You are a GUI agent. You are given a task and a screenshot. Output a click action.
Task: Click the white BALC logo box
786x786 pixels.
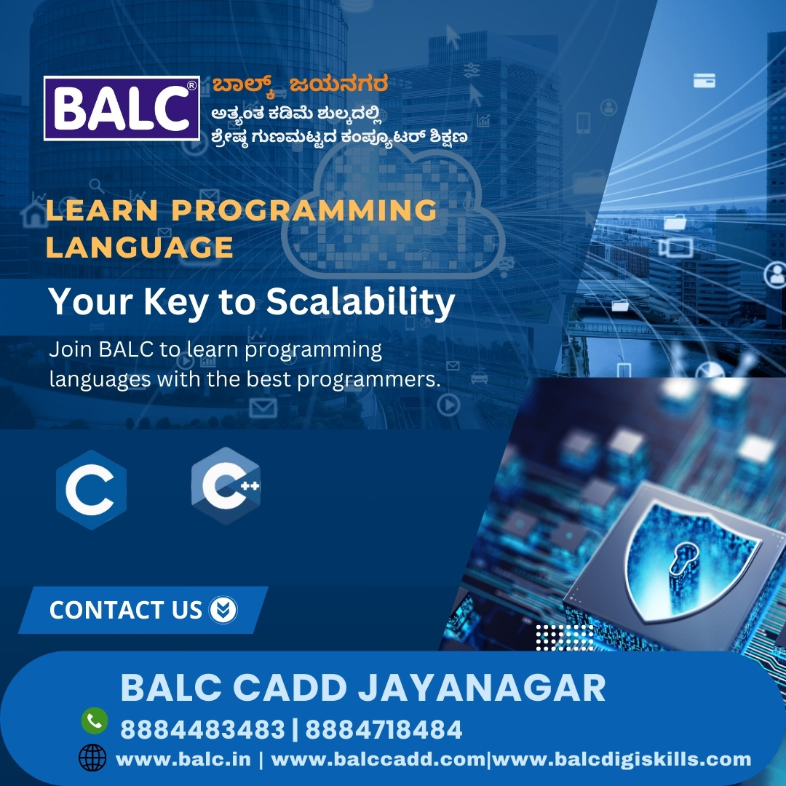click(x=122, y=108)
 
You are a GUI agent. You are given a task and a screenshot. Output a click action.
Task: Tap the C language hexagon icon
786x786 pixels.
click(x=91, y=489)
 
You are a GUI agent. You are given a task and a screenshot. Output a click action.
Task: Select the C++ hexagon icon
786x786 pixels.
click(x=226, y=486)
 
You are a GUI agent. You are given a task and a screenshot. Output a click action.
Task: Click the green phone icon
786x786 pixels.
click(x=94, y=720)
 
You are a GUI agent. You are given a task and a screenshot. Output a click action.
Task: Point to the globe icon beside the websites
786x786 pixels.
click(x=92, y=758)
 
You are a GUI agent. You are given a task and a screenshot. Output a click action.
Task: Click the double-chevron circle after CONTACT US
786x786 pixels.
click(x=223, y=610)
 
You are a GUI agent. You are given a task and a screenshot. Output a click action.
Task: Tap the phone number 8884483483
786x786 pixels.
click(x=202, y=729)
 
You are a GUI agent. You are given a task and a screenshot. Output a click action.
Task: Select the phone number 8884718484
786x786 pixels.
click(x=384, y=729)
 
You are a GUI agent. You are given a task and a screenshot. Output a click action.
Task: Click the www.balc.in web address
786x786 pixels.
click(x=183, y=759)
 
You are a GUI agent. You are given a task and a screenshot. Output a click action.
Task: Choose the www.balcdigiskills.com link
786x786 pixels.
click(x=622, y=759)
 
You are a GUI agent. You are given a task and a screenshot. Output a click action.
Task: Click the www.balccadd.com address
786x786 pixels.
click(x=378, y=759)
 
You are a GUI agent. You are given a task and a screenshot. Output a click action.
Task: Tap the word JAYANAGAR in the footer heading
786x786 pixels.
click(x=482, y=688)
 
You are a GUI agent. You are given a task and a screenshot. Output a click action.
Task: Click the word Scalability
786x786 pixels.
click(x=360, y=302)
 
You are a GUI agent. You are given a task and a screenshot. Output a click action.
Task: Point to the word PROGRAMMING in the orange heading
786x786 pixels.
click(x=304, y=210)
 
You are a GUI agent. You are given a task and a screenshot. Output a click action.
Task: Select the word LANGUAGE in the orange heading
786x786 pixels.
click(x=139, y=247)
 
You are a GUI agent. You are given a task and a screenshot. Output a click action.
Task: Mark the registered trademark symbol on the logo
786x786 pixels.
click(x=191, y=86)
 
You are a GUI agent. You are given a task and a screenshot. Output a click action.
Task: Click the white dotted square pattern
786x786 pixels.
click(x=565, y=637)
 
